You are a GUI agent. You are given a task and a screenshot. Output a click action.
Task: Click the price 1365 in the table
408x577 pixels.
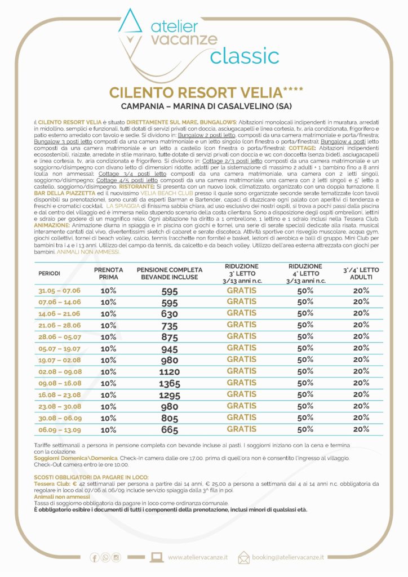169,384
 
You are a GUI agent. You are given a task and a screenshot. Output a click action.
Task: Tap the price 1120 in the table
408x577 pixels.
169,372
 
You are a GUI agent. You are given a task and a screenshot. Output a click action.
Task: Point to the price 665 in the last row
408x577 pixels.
169,430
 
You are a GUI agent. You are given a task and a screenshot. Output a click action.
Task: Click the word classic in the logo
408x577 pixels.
245,56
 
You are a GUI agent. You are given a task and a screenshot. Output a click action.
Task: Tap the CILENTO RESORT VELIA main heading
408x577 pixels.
203,92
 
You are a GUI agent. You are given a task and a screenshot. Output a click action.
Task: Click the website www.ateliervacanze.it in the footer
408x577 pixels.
198,557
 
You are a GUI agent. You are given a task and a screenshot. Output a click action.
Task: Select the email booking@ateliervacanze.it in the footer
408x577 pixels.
289,557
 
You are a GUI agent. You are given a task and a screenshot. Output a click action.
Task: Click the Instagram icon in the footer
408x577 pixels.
116,557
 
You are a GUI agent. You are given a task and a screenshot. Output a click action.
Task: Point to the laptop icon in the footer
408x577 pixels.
157,557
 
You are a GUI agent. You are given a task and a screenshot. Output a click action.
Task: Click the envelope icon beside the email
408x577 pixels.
243,557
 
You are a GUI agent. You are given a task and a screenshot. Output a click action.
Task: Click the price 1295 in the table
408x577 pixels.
169,396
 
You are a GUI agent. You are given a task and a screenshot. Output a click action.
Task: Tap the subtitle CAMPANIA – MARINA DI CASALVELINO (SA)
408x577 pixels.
203,106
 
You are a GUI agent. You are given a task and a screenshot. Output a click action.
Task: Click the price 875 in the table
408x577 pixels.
169,337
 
